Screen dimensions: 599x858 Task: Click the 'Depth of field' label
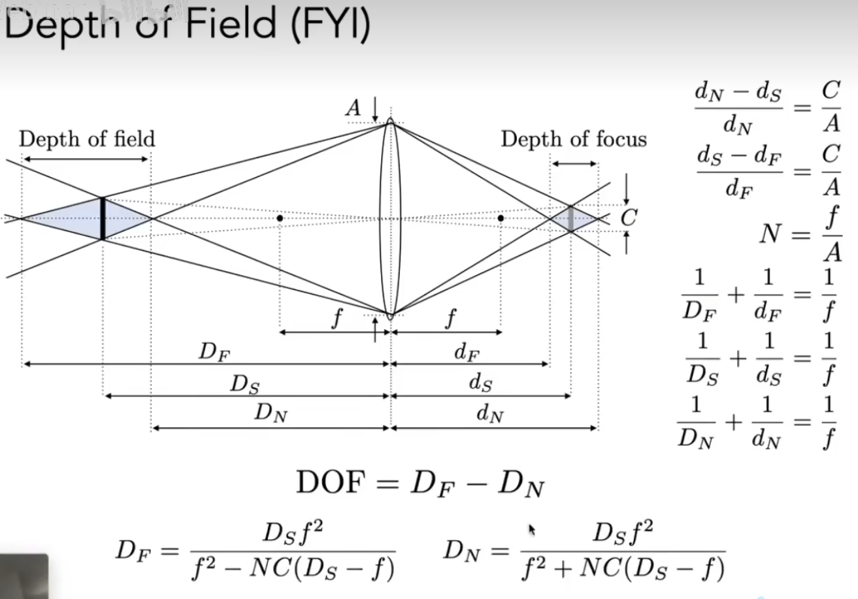pyautogui.click(x=87, y=139)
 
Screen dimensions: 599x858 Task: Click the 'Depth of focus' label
pyautogui.click(x=574, y=140)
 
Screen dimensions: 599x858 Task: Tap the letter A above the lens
pyautogui.click(x=354, y=108)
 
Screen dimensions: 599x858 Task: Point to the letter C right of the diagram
pyautogui.click(x=628, y=218)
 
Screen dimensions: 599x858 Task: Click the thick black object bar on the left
pyautogui.click(x=103, y=218)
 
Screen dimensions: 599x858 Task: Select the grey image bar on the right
pyautogui.click(x=571, y=218)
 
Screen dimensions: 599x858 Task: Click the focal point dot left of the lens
pyautogui.click(x=280, y=218)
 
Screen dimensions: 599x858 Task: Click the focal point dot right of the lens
pyautogui.click(x=501, y=218)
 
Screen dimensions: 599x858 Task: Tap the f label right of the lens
pyautogui.click(x=449, y=320)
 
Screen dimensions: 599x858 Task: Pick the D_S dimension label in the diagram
pyautogui.click(x=244, y=384)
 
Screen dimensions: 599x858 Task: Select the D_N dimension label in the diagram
pyautogui.click(x=271, y=413)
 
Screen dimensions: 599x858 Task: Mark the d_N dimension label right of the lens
pyautogui.click(x=490, y=413)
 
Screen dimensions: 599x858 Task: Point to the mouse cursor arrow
pyautogui.click(x=532, y=529)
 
